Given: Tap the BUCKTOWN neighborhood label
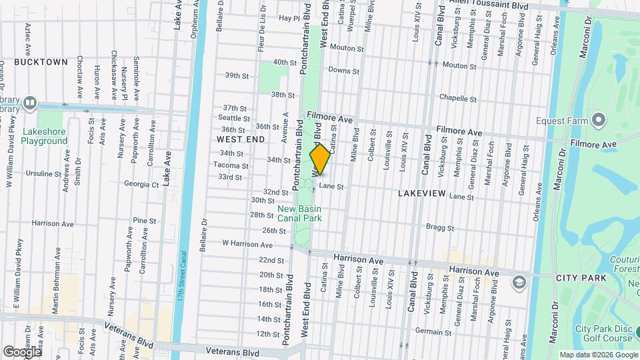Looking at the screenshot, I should point(41,62).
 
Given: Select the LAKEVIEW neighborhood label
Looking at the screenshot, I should point(421,192).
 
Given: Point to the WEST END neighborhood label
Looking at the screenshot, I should point(241,139).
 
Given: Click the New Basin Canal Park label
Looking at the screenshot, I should point(300,213).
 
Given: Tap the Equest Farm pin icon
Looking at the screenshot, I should point(599,121).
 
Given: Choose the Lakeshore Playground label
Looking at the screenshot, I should point(44,136).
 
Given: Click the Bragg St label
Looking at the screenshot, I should point(441,227).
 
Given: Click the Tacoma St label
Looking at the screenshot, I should point(235,165).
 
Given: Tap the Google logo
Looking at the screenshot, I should point(21,351).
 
